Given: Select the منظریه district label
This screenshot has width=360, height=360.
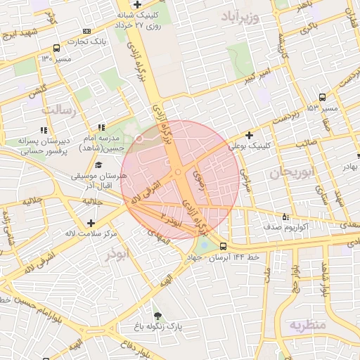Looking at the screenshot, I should click(x=307, y=325).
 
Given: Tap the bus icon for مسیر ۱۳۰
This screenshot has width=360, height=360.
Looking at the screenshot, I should click(x=56, y=49).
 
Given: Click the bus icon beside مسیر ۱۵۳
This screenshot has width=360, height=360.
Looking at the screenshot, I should click(x=322, y=97).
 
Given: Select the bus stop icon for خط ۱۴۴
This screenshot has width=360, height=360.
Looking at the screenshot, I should click(x=223, y=247).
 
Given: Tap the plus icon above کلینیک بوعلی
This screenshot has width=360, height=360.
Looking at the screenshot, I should click(x=249, y=134).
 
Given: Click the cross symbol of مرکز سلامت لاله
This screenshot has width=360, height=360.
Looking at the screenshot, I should click(x=91, y=223).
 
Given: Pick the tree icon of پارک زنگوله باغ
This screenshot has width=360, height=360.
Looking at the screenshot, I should click(x=157, y=316).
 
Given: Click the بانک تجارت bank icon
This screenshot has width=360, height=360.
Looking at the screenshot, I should click(x=86, y=31).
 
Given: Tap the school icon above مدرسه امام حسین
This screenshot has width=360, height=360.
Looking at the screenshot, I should click(x=101, y=128).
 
